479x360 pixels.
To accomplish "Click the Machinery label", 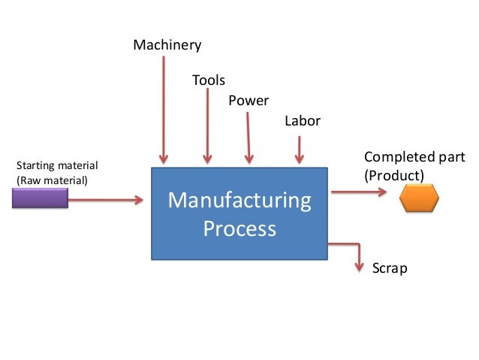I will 167,46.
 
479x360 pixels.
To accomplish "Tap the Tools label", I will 208,80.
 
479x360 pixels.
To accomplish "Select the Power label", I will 249,101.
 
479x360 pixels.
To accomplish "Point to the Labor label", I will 302,121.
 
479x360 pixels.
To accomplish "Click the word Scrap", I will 390,268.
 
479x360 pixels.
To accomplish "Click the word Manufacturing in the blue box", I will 239,201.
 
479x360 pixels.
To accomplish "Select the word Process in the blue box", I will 239,228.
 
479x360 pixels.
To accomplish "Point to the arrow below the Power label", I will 248,135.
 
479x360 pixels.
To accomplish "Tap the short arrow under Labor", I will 299,149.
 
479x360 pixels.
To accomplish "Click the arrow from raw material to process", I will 105,200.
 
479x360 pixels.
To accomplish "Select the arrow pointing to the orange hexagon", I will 359,192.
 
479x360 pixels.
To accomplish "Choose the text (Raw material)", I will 51,180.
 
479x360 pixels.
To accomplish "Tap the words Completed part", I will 414,157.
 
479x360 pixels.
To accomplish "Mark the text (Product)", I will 393,175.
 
